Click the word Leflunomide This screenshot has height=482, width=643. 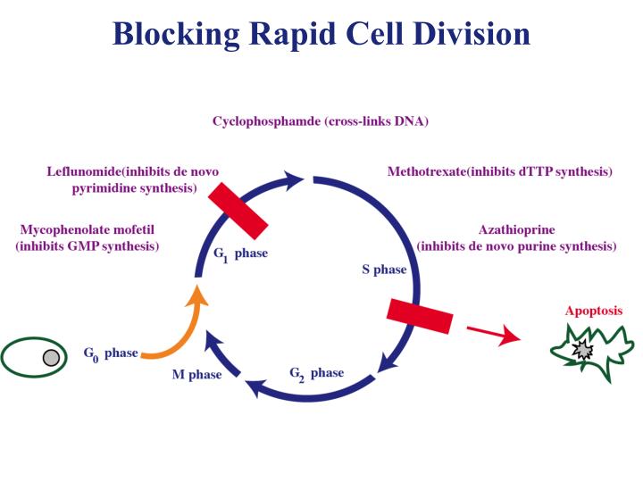coord(88,171)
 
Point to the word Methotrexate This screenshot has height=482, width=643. coord(426,171)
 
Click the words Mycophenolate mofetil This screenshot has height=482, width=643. coord(87,229)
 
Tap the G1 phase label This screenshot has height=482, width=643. coord(240,253)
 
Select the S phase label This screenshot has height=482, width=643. coord(384,269)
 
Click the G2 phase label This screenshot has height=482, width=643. coord(316,373)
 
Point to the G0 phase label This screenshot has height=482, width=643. coord(111,353)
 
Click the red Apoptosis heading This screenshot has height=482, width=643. coord(594,312)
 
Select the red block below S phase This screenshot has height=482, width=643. coord(420,316)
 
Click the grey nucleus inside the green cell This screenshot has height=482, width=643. coord(52,358)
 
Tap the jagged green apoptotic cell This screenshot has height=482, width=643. coord(591,351)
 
